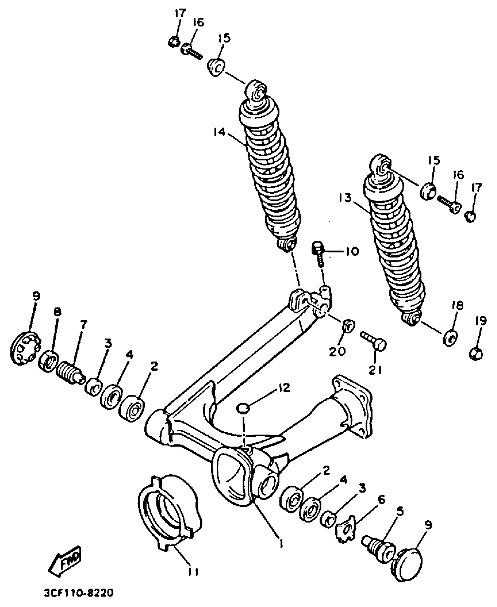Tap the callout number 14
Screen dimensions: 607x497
point(219,132)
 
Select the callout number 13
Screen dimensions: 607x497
point(345,198)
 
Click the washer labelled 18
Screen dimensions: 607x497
point(450,338)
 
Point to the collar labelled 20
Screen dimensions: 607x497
point(348,326)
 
